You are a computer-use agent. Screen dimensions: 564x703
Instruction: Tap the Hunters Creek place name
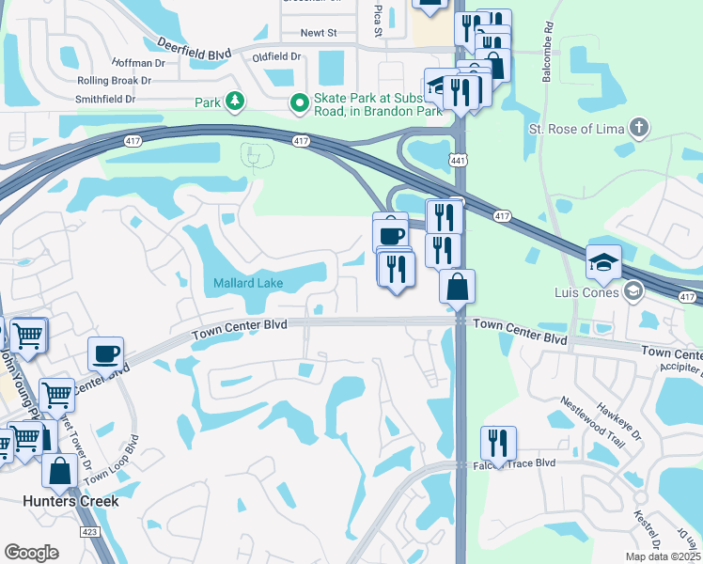pos(71,501)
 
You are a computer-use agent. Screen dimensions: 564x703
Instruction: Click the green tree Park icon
pos(233,102)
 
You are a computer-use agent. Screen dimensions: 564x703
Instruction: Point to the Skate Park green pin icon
pos(300,102)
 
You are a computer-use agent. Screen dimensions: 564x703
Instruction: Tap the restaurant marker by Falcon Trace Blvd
pos(498,442)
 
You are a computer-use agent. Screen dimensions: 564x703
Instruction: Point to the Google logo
pos(31,553)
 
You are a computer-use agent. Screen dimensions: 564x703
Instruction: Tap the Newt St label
pos(319,33)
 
